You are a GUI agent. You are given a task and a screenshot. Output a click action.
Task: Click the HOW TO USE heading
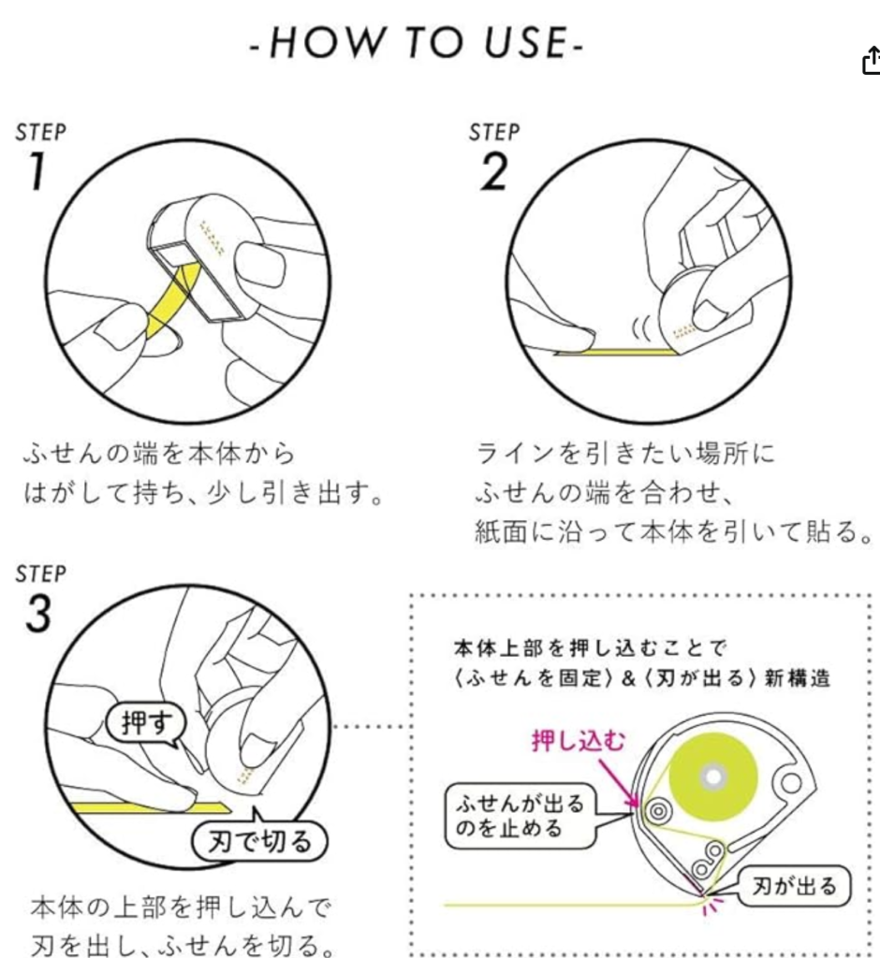417,43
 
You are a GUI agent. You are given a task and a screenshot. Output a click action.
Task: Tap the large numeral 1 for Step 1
37,171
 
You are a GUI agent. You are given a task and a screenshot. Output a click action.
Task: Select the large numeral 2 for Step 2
494,172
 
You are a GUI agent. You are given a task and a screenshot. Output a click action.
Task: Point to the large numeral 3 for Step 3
38,613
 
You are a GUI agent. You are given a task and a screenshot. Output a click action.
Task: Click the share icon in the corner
873,61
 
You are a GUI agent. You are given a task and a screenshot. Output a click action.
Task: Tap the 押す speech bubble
145,724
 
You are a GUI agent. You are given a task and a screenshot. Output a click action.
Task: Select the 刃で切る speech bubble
260,842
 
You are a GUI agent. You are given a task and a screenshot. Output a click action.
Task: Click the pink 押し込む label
579,741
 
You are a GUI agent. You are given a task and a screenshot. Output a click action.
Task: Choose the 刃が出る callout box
793,886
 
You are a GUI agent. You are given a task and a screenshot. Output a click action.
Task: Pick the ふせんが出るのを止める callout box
520,816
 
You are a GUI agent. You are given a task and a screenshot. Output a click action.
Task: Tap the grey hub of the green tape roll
713,777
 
